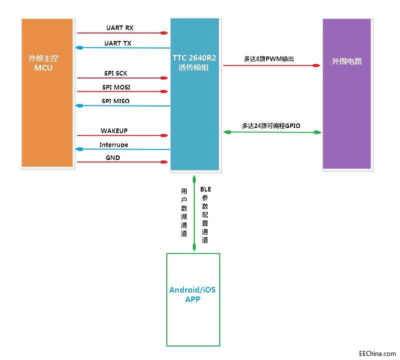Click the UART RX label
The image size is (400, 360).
pyautogui.click(x=119, y=27)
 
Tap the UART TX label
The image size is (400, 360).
pyautogui.click(x=118, y=43)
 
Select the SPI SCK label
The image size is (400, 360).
pyautogui.click(x=115, y=73)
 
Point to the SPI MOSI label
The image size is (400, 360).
pyautogui.click(x=116, y=87)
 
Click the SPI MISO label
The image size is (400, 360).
pyautogui.click(x=115, y=101)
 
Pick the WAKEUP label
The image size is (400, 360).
pyautogui.click(x=114, y=131)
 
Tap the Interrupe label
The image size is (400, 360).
pyautogui.click(x=114, y=145)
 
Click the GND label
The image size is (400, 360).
pyautogui.click(x=113, y=158)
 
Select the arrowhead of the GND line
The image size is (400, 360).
pyautogui.click(x=164, y=162)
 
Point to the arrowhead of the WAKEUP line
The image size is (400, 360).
pyautogui.click(x=164, y=135)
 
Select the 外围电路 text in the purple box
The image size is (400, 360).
pyautogui.click(x=347, y=62)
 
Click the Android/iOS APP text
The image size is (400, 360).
pyautogui.click(x=192, y=294)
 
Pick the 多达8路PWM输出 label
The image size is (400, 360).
pyautogui.click(x=269, y=59)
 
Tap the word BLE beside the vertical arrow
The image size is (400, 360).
pyautogui.click(x=205, y=189)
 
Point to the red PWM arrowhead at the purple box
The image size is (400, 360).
pyautogui.click(x=316, y=65)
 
